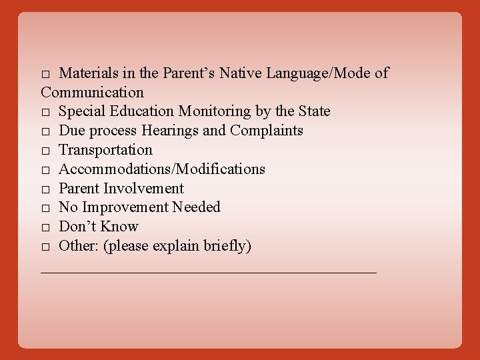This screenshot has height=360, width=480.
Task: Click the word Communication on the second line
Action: pyautogui.click(x=92, y=91)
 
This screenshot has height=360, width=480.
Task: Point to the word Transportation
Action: pyautogui.click(x=105, y=149)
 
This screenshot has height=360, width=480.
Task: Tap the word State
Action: pyautogui.click(x=312, y=111)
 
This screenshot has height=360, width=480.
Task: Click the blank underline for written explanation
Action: pyautogui.click(x=209, y=271)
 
